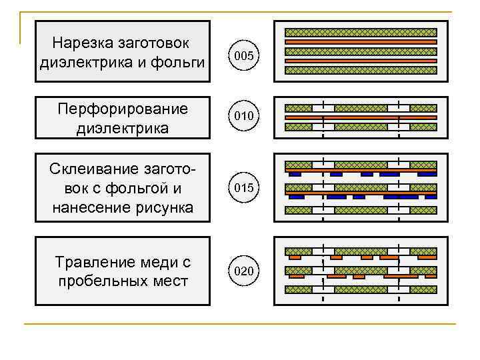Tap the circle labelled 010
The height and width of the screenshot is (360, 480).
(244, 117)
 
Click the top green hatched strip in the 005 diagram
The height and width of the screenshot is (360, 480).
(361, 32)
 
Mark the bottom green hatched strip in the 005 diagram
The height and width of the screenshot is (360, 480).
(361, 69)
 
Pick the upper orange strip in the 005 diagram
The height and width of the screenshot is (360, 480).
(361, 41)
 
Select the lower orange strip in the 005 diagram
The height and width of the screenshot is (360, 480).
(361, 60)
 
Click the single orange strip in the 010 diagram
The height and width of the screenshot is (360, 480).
(361, 117)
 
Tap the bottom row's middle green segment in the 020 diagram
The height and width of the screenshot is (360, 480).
(361, 289)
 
